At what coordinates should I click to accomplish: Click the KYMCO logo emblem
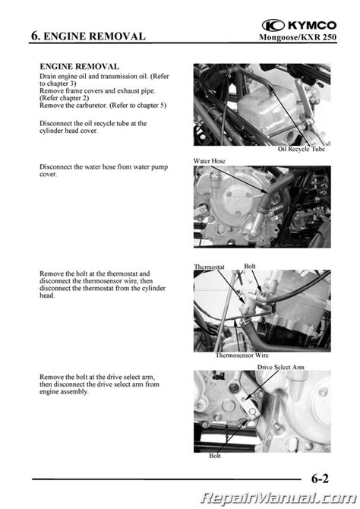pyautogui.click(x=273, y=25)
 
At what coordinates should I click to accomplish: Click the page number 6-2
pyautogui.click(x=320, y=479)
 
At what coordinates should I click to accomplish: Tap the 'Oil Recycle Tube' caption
pyautogui.click(x=302, y=149)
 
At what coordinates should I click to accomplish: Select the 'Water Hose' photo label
pyautogui.click(x=209, y=161)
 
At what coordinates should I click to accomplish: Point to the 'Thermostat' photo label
pyautogui.click(x=209, y=267)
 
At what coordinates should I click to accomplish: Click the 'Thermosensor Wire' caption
pyautogui.click(x=242, y=355)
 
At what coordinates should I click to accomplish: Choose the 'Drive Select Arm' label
pyautogui.click(x=281, y=367)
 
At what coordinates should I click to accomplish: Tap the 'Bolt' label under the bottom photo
pyautogui.click(x=215, y=456)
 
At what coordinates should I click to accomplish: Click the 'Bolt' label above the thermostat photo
pyautogui.click(x=250, y=266)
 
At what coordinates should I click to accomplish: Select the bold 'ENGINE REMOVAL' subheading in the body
pyautogui.click(x=79, y=67)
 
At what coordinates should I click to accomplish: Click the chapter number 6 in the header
pyautogui.click(x=35, y=36)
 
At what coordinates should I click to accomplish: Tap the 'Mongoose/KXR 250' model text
pyautogui.click(x=298, y=37)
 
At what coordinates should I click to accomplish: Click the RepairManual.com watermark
pyautogui.click(x=278, y=498)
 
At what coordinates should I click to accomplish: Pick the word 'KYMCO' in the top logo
pyautogui.click(x=312, y=25)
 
